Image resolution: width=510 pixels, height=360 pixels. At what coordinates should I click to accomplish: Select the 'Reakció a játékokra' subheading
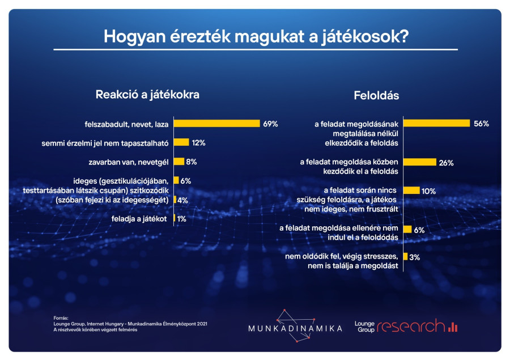click(x=147, y=95)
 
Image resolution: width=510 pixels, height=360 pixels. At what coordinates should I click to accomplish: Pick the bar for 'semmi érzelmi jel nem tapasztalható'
click(x=181, y=142)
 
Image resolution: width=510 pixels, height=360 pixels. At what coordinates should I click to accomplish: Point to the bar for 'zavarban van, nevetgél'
click(x=179, y=162)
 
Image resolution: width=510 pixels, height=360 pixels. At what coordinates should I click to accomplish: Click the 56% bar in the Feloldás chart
click(x=436, y=123)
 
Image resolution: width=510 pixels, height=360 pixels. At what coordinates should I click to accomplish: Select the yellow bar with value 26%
click(x=419, y=163)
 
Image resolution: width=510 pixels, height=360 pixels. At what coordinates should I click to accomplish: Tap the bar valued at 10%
click(x=411, y=190)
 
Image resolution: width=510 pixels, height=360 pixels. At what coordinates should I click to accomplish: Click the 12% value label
click(x=198, y=143)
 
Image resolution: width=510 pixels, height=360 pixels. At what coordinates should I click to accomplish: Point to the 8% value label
click(x=191, y=162)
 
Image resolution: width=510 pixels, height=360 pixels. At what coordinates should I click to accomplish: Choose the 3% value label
click(x=414, y=257)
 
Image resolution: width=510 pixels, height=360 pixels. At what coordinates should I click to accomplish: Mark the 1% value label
click(x=182, y=218)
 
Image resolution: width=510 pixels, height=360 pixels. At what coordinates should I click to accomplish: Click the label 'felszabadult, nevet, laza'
click(x=126, y=124)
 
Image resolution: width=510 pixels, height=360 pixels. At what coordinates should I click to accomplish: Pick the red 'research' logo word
click(x=411, y=326)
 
